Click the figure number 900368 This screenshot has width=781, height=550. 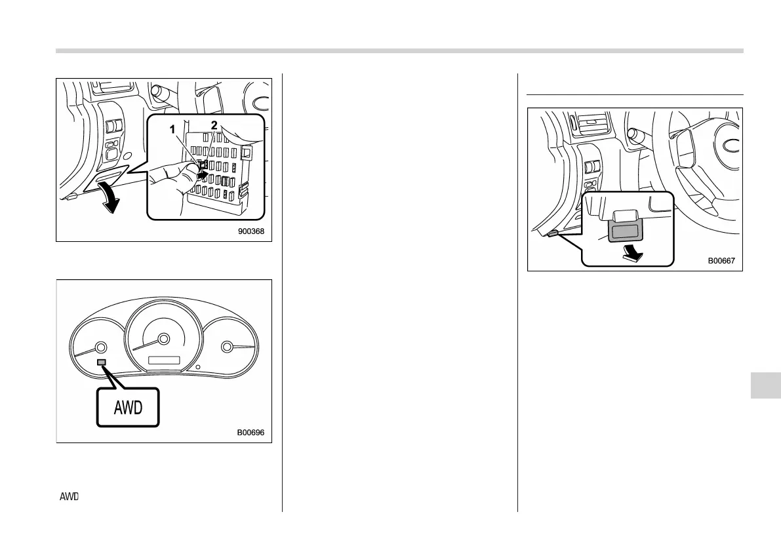pyautogui.click(x=254, y=231)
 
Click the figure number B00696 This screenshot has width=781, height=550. pyautogui.click(x=253, y=432)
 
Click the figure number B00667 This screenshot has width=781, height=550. pyautogui.click(x=721, y=260)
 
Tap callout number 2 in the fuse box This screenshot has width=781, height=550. pyautogui.click(x=214, y=125)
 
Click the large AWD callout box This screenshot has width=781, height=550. pyautogui.click(x=129, y=408)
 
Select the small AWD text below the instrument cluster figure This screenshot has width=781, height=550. pyautogui.click(x=69, y=496)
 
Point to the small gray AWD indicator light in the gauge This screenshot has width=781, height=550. pyautogui.click(x=101, y=362)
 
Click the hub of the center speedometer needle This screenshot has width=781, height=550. pyautogui.click(x=163, y=339)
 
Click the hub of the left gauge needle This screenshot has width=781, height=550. pyautogui.click(x=100, y=347)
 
